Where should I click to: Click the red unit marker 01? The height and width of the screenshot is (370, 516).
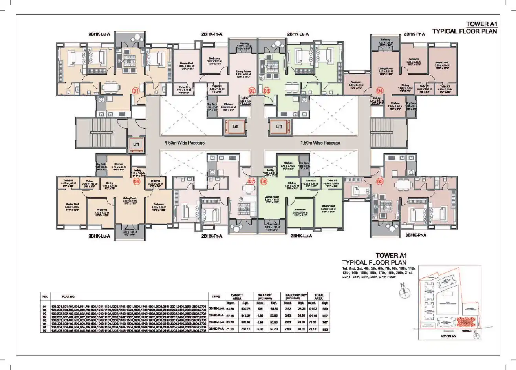pyautogui.click(x=136, y=91)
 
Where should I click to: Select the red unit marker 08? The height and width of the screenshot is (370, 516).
pyautogui.click(x=137, y=181)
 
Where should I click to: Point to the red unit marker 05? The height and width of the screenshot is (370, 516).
pyautogui.click(x=380, y=181)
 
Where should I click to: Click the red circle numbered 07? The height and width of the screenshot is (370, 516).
pyautogui.click(x=252, y=181)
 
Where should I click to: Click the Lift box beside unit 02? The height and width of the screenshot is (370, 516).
pyautogui.click(x=235, y=127)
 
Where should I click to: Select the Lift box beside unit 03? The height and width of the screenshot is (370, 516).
pyautogui.click(x=279, y=127)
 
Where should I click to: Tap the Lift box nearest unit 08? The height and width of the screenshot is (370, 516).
pyautogui.click(x=136, y=144)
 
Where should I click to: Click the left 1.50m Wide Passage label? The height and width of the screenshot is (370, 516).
pyautogui.click(x=182, y=143)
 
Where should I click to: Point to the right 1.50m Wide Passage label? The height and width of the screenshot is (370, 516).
pyautogui.click(x=320, y=143)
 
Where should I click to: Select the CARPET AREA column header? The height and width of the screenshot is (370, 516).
pyautogui.click(x=237, y=297)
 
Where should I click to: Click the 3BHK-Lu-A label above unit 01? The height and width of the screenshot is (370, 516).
pyautogui.click(x=99, y=34)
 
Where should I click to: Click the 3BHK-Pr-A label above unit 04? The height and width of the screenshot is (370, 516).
pyautogui.click(x=415, y=34)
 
